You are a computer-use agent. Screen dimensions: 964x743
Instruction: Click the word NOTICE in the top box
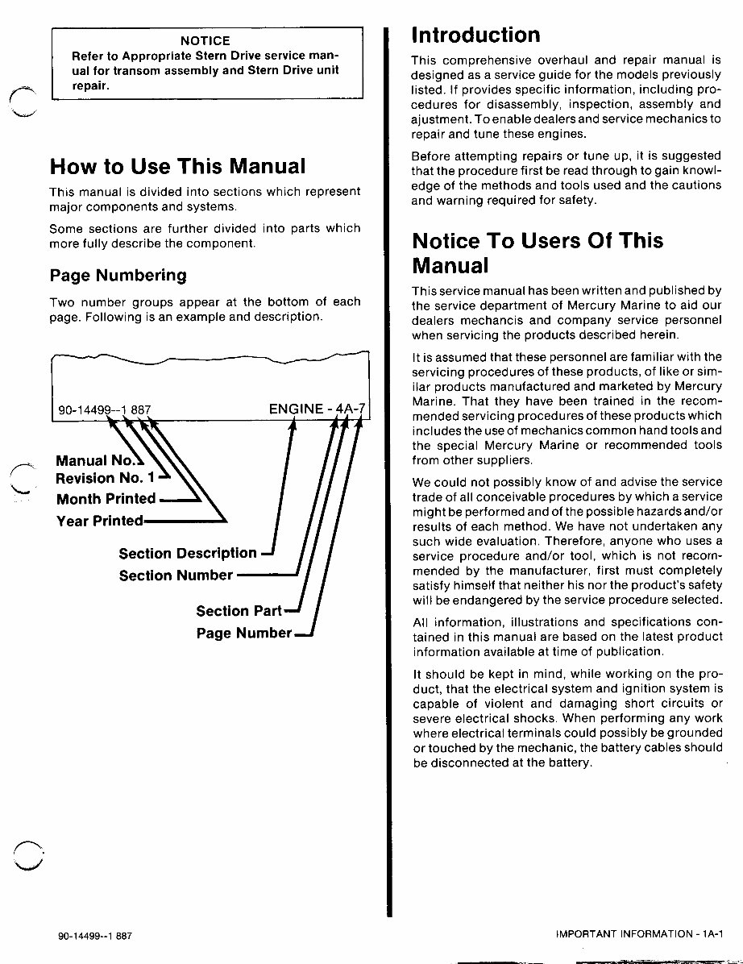(x=205, y=40)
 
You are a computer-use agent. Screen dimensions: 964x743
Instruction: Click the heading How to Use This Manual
(x=177, y=167)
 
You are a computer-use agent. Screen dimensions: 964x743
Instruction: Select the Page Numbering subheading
(x=118, y=276)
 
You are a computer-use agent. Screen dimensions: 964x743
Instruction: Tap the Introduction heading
(x=475, y=35)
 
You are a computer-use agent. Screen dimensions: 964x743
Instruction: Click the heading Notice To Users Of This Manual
(x=526, y=253)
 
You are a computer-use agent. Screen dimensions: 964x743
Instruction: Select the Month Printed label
(x=106, y=499)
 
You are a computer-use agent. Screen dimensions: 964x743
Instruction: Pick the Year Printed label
(x=99, y=521)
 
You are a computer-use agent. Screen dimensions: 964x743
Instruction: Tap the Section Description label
(x=187, y=554)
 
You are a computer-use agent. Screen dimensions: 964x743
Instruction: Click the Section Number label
(x=176, y=575)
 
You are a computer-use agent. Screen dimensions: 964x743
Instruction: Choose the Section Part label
(x=239, y=611)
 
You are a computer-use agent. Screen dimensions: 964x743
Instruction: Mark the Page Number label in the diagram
(x=243, y=633)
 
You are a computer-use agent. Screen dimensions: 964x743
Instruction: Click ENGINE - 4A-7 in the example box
(x=316, y=409)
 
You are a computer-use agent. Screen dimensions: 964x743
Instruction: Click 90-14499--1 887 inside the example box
(x=104, y=410)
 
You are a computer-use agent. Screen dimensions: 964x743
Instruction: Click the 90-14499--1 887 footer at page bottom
(x=95, y=937)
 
